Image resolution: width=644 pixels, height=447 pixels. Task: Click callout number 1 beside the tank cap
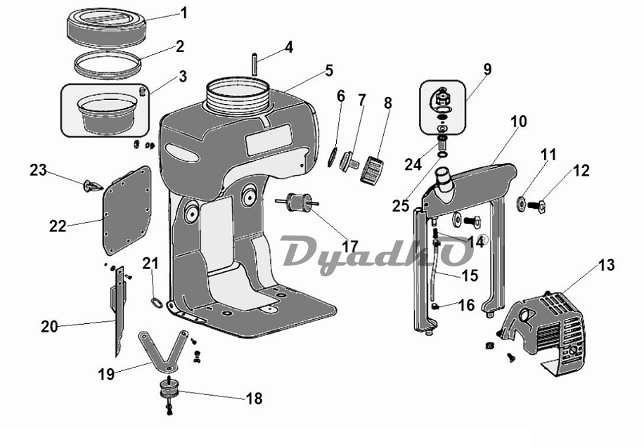(184, 13)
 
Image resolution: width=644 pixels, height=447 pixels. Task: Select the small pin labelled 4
(255, 64)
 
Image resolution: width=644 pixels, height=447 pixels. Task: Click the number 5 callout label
(330, 70)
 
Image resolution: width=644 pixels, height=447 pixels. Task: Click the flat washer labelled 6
(333, 158)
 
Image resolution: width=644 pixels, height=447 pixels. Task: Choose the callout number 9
(487, 70)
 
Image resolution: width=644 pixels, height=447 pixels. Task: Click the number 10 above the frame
(519, 122)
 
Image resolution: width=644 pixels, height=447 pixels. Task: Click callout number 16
(467, 305)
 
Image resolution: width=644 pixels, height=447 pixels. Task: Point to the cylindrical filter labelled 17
(297, 202)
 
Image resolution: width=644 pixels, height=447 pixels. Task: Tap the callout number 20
(49, 326)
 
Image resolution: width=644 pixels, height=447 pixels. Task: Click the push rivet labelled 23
(92, 186)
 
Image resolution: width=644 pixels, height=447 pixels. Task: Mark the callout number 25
(401, 205)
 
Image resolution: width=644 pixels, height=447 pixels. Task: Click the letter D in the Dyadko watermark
(304, 251)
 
